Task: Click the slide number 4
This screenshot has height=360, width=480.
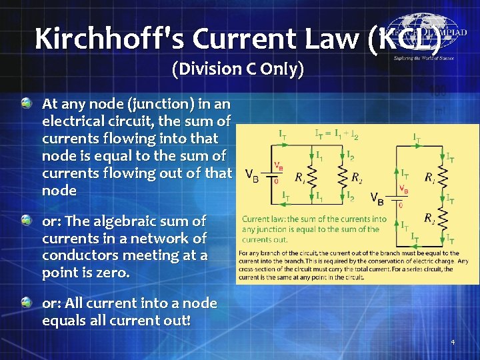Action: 453,343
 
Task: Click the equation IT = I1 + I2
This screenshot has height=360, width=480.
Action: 337,135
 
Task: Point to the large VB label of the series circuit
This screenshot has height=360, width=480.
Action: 377,198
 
